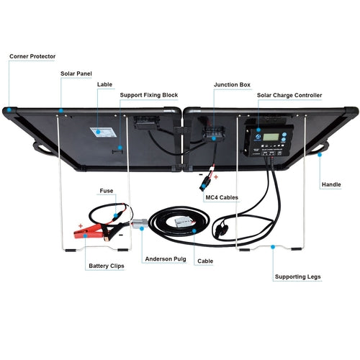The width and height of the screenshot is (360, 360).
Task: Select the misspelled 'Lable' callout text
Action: coord(104,84)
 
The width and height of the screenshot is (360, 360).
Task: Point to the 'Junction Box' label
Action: coord(232,84)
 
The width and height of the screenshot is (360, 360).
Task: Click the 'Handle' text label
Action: coord(331,184)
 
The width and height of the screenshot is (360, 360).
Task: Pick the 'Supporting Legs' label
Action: coord(298,276)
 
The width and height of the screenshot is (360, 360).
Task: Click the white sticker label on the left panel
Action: coord(101,132)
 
